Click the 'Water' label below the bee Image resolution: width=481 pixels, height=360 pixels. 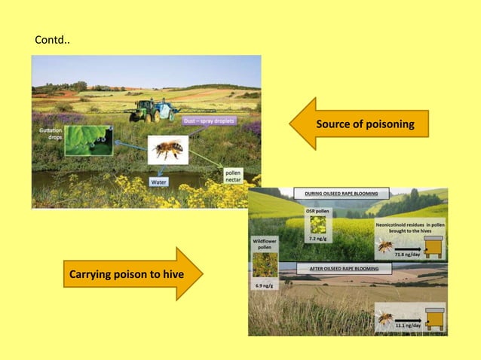[159, 182]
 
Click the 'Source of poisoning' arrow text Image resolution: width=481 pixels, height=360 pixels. [365, 124]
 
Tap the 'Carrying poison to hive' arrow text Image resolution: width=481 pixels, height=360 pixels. [115, 273]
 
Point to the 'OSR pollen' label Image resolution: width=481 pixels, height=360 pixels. [316, 212]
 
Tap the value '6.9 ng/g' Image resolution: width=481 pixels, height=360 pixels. [265, 287]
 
